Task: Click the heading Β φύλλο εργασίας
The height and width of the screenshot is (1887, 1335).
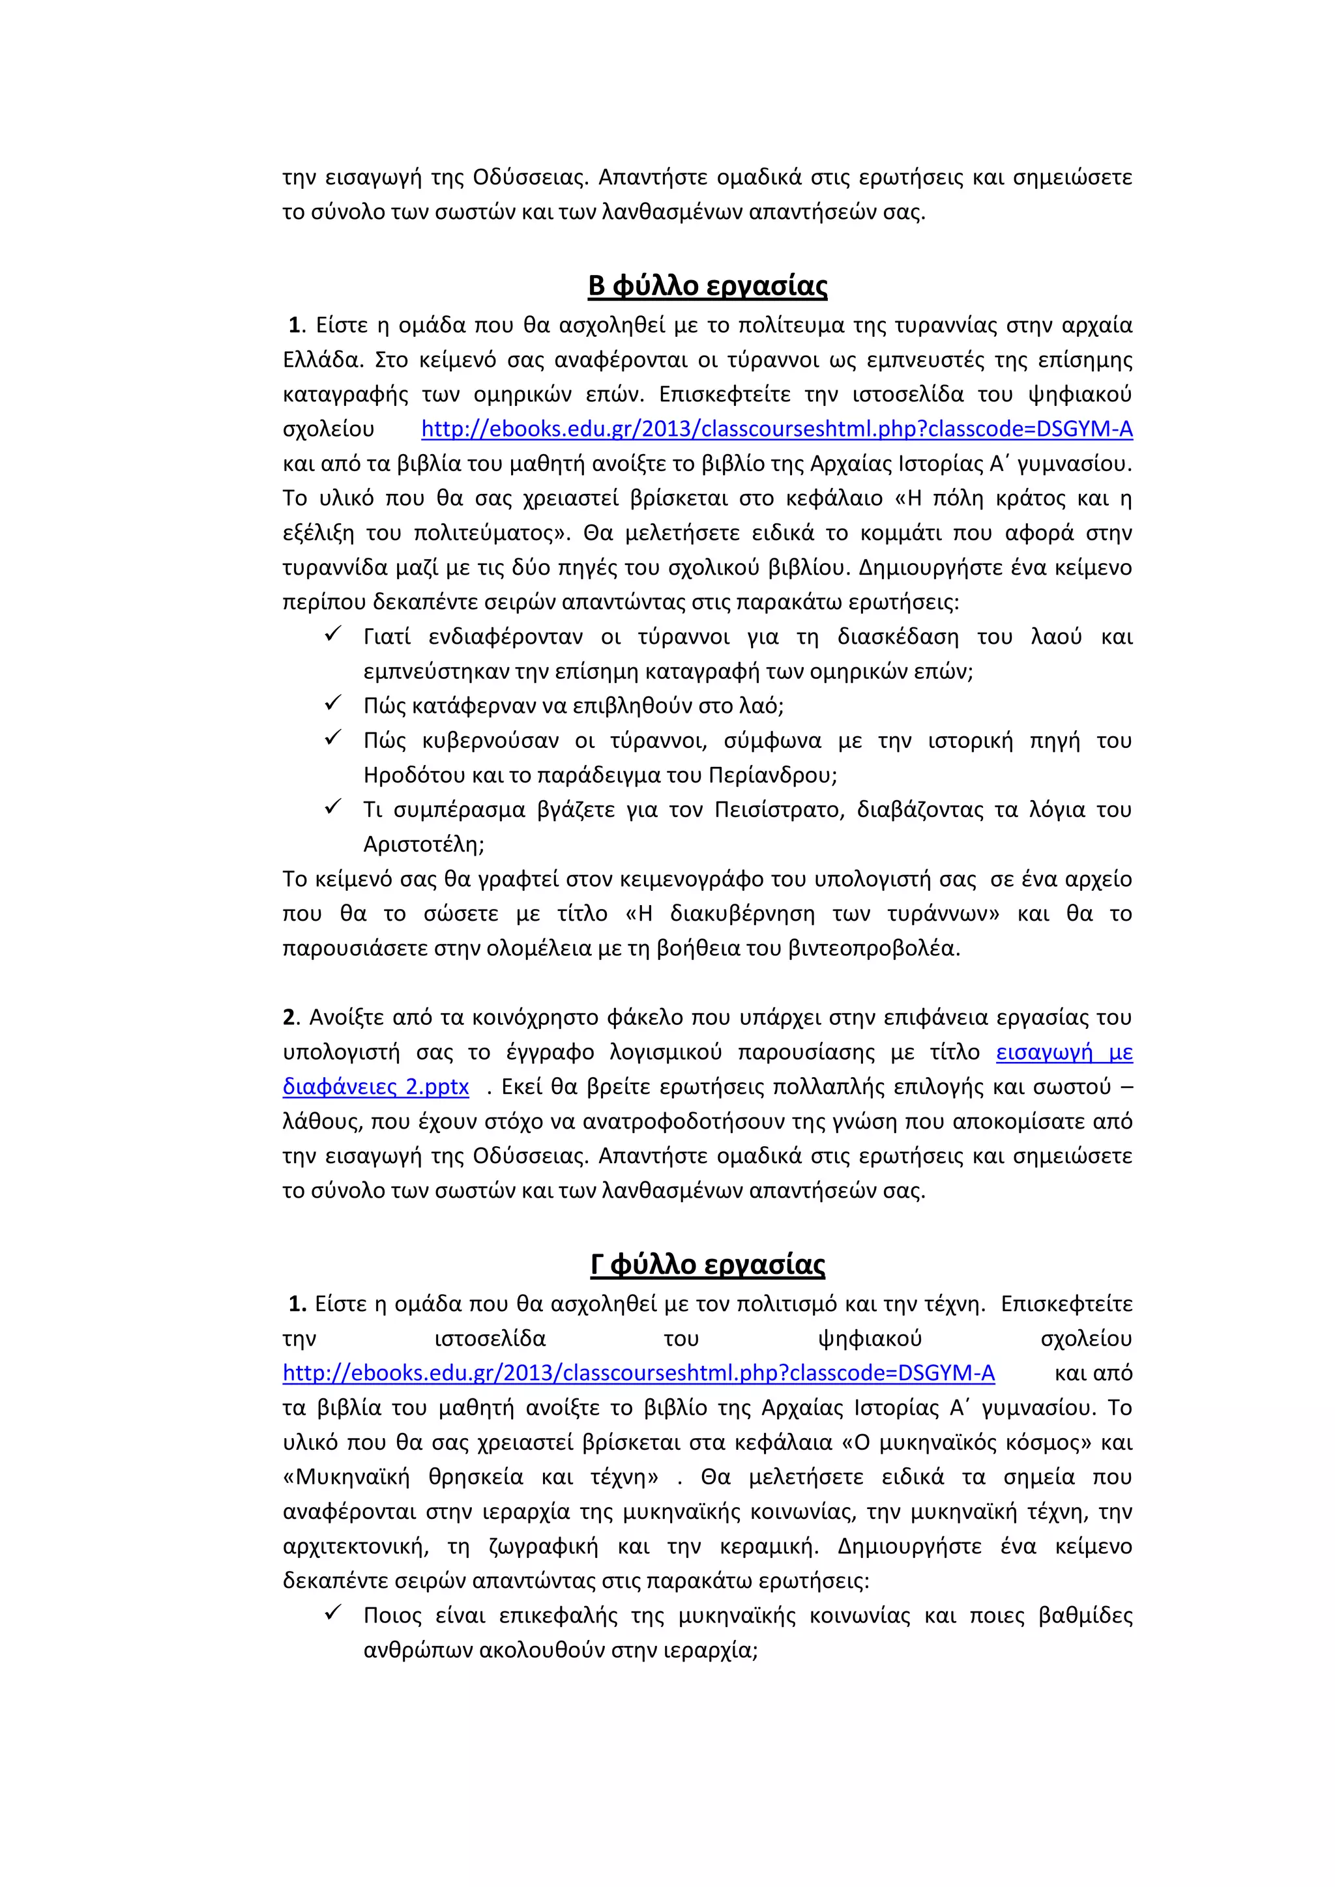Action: pyautogui.click(x=707, y=285)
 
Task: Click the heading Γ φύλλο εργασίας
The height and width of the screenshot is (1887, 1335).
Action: pyautogui.click(x=707, y=1264)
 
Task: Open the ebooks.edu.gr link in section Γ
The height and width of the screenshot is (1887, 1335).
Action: pyautogui.click(x=638, y=1374)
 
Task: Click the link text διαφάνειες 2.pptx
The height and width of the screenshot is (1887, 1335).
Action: pyautogui.click(x=375, y=1088)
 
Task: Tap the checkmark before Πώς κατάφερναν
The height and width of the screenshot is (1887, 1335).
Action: pyautogui.click(x=333, y=704)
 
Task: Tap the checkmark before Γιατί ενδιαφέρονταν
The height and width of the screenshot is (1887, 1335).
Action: pyautogui.click(x=333, y=635)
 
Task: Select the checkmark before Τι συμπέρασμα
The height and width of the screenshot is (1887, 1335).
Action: pyautogui.click(x=333, y=807)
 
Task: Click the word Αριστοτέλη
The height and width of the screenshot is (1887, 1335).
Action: pyautogui.click(x=422, y=845)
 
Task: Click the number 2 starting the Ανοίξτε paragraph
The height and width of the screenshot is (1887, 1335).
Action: pyautogui.click(x=289, y=1018)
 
